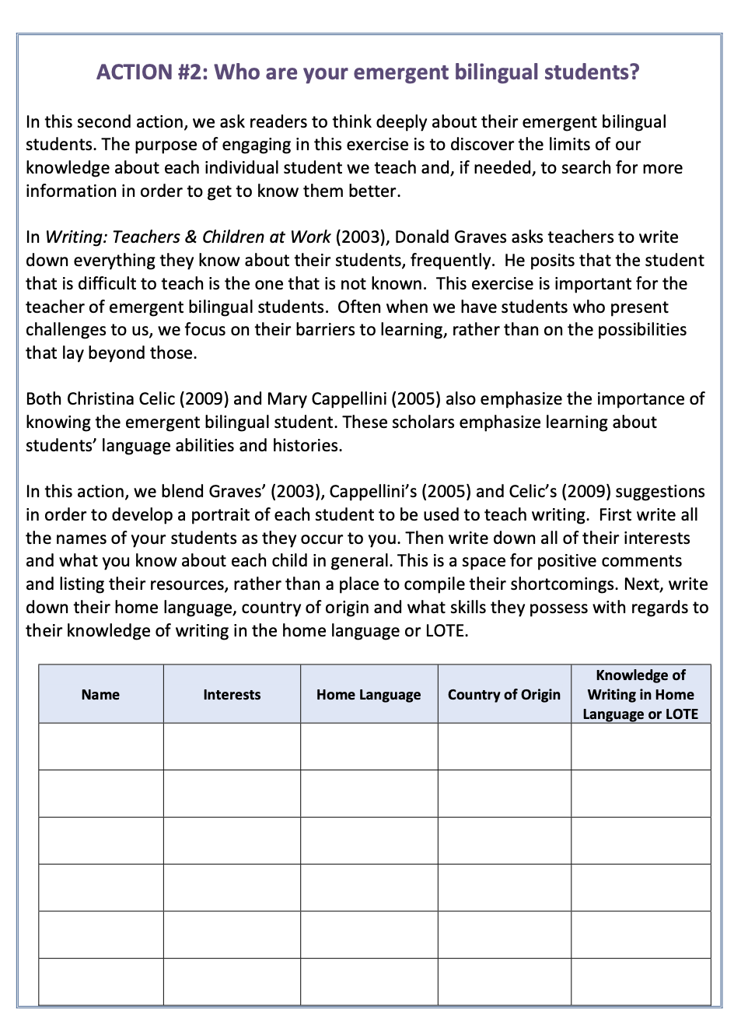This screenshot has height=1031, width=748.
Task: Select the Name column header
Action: click(x=100, y=695)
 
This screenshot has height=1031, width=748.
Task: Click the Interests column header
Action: click(x=232, y=695)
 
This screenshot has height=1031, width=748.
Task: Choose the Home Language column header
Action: click(x=369, y=695)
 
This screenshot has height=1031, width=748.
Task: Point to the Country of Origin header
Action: click(x=504, y=695)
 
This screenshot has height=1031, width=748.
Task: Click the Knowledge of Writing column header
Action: click(x=641, y=695)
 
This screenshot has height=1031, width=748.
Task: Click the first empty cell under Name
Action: click(x=100, y=747)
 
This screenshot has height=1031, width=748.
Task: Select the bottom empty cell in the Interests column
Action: click(x=232, y=981)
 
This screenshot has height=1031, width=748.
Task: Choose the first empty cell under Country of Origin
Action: click(x=504, y=747)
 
